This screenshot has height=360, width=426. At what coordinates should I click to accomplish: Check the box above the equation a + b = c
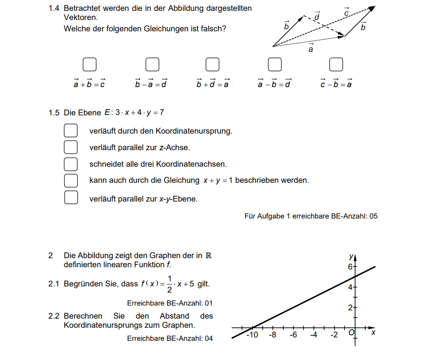[89, 64]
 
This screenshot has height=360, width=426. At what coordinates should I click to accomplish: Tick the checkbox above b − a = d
[152, 64]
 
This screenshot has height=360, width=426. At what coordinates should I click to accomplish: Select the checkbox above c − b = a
[336, 64]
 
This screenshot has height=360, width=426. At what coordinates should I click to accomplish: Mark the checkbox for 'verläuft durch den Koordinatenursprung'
[71, 131]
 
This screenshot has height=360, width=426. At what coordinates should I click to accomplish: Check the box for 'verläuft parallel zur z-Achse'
[71, 147]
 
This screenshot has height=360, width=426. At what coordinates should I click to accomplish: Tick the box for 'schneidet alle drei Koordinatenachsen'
[71, 164]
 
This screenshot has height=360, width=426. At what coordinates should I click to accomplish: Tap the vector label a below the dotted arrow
[311, 49]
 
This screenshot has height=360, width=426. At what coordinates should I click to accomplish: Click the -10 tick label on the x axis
[252, 335]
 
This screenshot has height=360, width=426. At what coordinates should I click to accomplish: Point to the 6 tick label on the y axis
[350, 267]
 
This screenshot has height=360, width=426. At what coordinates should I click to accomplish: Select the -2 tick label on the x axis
[334, 335]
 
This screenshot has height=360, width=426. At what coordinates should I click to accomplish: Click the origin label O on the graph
[351, 333]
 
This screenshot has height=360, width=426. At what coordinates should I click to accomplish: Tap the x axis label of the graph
[373, 333]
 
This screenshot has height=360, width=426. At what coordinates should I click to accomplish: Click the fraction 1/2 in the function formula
[169, 284]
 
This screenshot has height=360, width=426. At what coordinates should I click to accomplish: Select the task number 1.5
[54, 113]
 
